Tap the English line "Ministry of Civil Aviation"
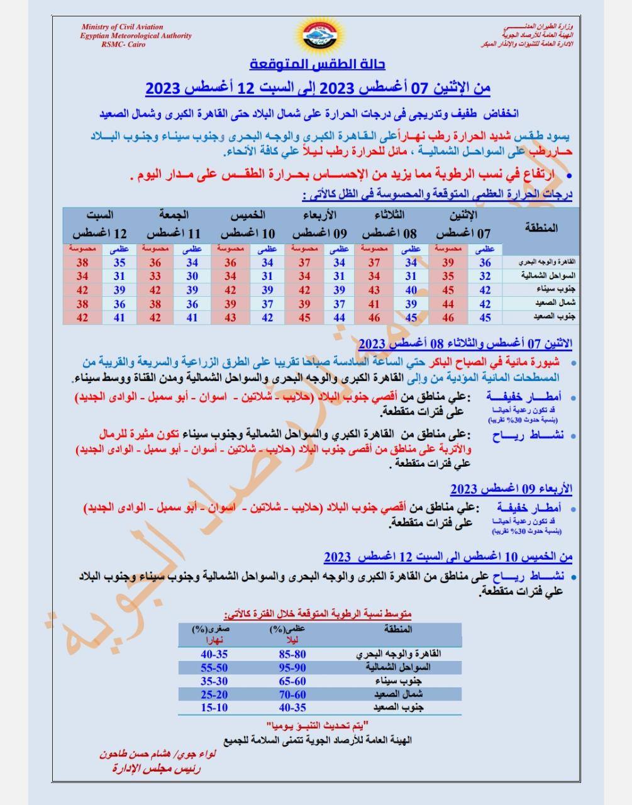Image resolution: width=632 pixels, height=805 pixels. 122,27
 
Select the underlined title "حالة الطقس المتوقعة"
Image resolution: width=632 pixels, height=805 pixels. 317,64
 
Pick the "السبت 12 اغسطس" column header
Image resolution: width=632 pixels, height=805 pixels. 99,225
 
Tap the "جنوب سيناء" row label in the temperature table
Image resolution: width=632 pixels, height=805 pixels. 540,290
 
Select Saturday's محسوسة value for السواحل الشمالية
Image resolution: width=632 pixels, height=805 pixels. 82,276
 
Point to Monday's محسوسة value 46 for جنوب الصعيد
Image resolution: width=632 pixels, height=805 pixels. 448,318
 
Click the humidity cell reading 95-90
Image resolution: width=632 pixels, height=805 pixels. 292,667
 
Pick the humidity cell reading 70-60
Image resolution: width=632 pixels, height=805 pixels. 292,694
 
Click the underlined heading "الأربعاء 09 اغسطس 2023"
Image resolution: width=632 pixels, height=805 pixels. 511,489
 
